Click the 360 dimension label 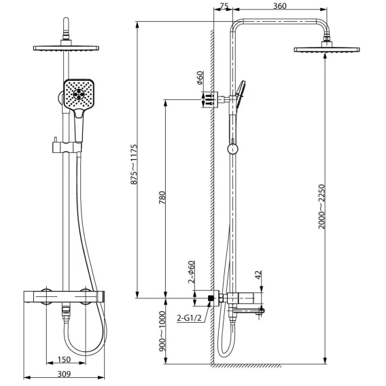(x=280, y=5)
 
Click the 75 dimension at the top (x=224, y=6)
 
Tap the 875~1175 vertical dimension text (x=134, y=164)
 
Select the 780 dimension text (x=162, y=198)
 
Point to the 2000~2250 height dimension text (x=321, y=207)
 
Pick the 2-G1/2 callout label (x=189, y=318)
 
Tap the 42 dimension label (x=258, y=275)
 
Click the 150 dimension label (x=64, y=359)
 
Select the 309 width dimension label (x=64, y=374)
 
